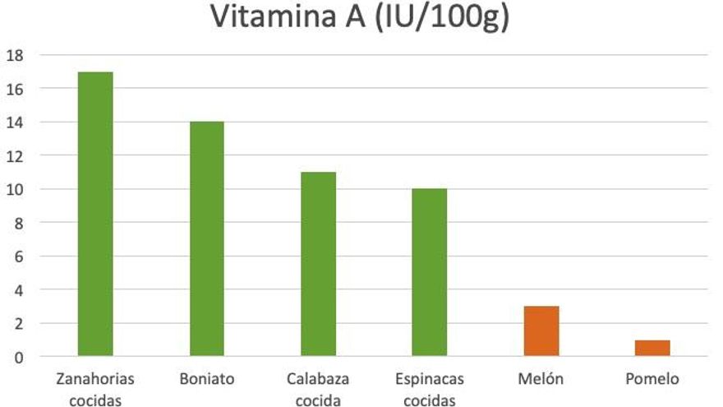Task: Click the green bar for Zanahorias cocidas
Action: (x=95, y=214)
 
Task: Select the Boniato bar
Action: (x=206, y=238)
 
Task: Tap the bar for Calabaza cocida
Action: (x=318, y=264)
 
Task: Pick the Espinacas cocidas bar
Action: (x=429, y=272)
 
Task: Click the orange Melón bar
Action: (x=541, y=331)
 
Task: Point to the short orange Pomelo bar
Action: (x=652, y=348)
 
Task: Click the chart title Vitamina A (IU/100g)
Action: (x=361, y=18)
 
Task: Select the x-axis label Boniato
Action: (x=206, y=379)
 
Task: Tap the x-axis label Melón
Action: (x=541, y=379)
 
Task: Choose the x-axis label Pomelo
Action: (x=652, y=379)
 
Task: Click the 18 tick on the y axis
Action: (x=15, y=55)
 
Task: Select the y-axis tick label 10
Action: (x=15, y=189)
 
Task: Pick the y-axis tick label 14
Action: (x=15, y=122)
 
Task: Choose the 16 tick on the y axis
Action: (x=15, y=88)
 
